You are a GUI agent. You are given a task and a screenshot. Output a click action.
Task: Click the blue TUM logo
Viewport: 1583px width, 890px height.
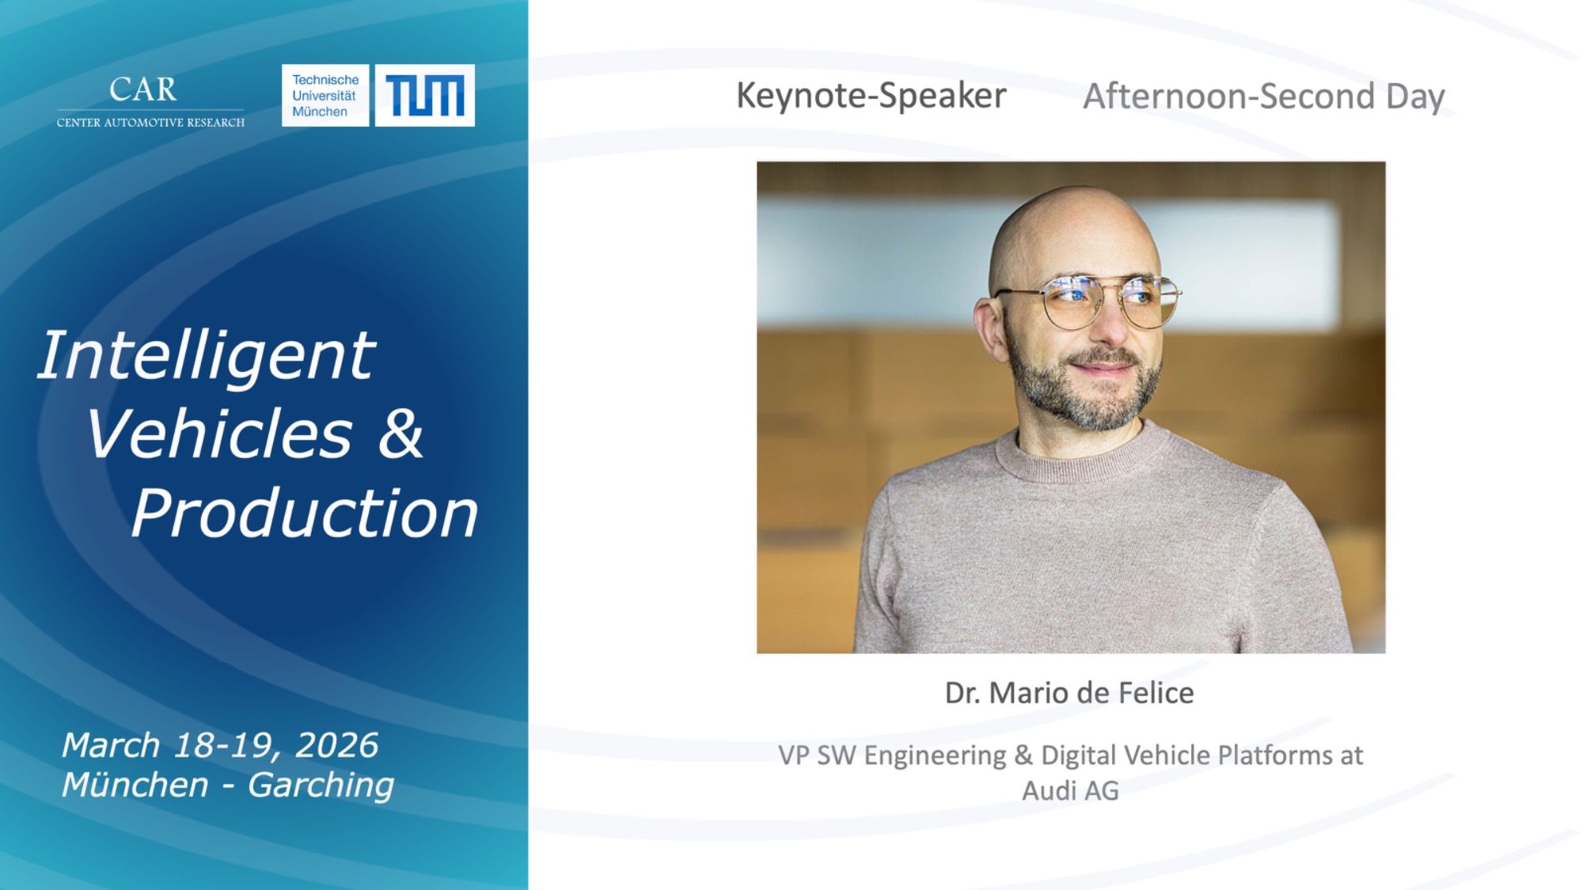(x=425, y=96)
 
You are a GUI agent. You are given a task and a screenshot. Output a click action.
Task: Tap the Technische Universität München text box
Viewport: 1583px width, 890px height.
(x=325, y=96)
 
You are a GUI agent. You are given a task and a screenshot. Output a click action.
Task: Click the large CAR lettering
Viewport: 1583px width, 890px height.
(x=143, y=89)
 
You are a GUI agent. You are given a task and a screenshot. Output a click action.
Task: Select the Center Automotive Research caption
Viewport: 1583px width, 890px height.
(x=150, y=123)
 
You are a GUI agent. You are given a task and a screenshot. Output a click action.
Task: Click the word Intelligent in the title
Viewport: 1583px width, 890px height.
(x=206, y=357)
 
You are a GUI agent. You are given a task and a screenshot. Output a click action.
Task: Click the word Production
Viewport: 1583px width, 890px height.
(x=305, y=514)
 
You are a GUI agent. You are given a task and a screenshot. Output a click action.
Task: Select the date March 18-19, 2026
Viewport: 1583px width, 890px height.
(x=220, y=745)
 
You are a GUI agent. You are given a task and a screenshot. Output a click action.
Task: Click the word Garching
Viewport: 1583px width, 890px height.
(x=321, y=785)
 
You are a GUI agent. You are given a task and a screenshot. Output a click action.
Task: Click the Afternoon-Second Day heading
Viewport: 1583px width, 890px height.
(x=1264, y=97)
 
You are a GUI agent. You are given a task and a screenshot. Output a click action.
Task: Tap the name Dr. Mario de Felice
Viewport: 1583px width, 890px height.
(x=1069, y=693)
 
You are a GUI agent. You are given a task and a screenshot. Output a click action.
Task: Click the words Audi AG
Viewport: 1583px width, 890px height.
(x=1070, y=790)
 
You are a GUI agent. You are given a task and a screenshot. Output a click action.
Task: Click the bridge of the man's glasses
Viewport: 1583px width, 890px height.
(x=1112, y=286)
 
